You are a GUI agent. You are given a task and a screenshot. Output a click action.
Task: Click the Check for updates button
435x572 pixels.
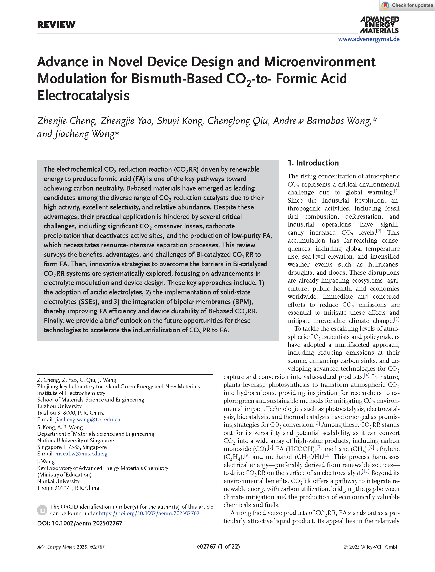pos(407,5)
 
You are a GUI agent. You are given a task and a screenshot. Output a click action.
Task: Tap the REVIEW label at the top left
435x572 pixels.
pos(56,25)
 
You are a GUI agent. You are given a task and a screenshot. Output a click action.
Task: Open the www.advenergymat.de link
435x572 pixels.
pos(369,39)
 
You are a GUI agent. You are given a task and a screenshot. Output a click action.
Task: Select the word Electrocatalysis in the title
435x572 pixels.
pos(84,95)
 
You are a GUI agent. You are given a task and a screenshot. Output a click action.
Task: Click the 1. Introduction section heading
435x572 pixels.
pos(313,163)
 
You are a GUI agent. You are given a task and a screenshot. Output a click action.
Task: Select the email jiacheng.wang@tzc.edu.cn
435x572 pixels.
pos(88,419)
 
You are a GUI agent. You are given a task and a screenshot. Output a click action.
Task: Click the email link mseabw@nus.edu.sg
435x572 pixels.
pos(81,454)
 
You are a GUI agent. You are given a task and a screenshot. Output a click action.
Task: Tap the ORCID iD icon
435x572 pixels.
pos(42,510)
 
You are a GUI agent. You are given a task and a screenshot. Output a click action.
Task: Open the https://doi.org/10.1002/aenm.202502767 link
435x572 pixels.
pos(149,513)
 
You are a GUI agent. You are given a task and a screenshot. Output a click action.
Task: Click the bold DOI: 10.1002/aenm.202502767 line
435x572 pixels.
pos(80,523)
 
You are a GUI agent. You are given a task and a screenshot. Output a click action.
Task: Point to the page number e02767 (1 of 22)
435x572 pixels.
pos(218,546)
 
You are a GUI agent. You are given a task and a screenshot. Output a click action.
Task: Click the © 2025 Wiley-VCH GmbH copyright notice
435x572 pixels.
pos(371,547)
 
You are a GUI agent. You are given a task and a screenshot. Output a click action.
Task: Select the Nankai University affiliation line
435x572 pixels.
pos(58,481)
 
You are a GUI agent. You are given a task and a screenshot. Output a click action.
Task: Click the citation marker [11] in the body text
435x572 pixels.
pos(365,471)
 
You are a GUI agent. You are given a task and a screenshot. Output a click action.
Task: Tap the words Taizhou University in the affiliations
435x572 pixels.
pos(59,406)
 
